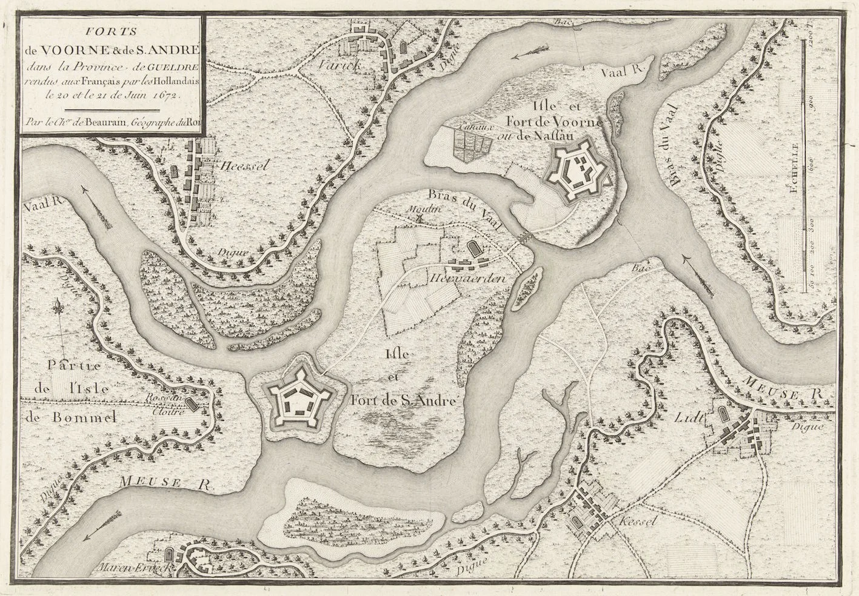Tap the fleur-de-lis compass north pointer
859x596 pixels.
59,307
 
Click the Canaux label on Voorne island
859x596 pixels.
470,128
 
